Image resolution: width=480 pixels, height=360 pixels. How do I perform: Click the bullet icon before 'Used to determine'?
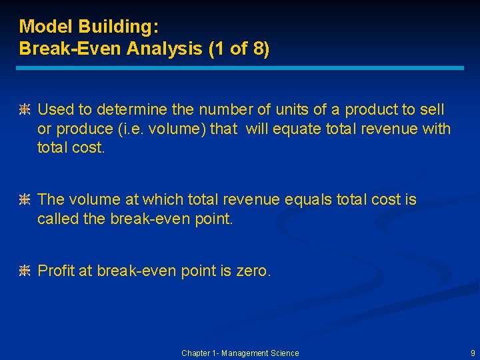coord(25,110)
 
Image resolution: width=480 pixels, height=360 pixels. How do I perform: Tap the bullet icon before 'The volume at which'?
coord(25,200)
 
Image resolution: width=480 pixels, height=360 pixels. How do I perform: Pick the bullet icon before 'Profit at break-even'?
coord(25,271)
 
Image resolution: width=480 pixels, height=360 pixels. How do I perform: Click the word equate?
coord(299,129)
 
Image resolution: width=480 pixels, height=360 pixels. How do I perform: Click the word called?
coord(58,218)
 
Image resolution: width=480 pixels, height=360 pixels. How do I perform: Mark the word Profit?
coord(55,271)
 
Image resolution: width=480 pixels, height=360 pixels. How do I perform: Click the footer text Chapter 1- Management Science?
coord(240,353)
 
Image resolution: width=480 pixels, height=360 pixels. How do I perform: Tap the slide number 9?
coord(473,353)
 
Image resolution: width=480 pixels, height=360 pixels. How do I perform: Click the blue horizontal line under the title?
coord(240,68)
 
